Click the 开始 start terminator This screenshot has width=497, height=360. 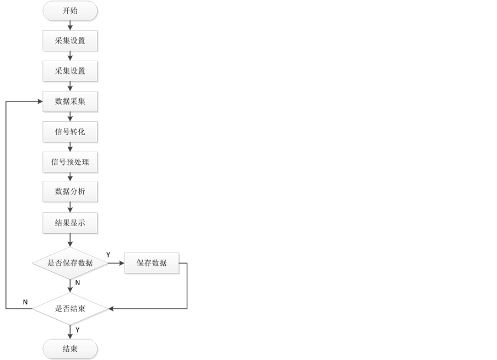coord(70,10)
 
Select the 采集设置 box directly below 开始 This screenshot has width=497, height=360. coord(70,41)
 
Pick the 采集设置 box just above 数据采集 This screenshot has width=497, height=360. coord(70,71)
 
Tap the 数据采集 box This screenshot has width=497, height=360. coord(70,101)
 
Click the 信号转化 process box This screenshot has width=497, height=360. coord(70,132)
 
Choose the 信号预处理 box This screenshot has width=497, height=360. coord(70,162)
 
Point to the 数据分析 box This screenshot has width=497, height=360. coord(70,192)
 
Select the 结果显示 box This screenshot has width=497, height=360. coord(70,223)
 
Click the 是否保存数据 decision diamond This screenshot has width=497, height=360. coord(70,263)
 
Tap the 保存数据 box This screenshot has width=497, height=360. coord(152,263)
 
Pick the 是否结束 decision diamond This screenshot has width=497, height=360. coord(70,309)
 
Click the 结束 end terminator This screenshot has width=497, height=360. coord(70,348)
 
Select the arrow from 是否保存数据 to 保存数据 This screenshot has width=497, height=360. coord(116,263)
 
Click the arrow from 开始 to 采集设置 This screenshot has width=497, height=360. coord(70,25)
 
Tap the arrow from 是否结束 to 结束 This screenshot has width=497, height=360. coord(70,332)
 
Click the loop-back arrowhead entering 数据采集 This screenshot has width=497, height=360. coord(40,101)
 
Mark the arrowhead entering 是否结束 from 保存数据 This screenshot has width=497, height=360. coord(112,309)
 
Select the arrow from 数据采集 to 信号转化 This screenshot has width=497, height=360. coord(70,116)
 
